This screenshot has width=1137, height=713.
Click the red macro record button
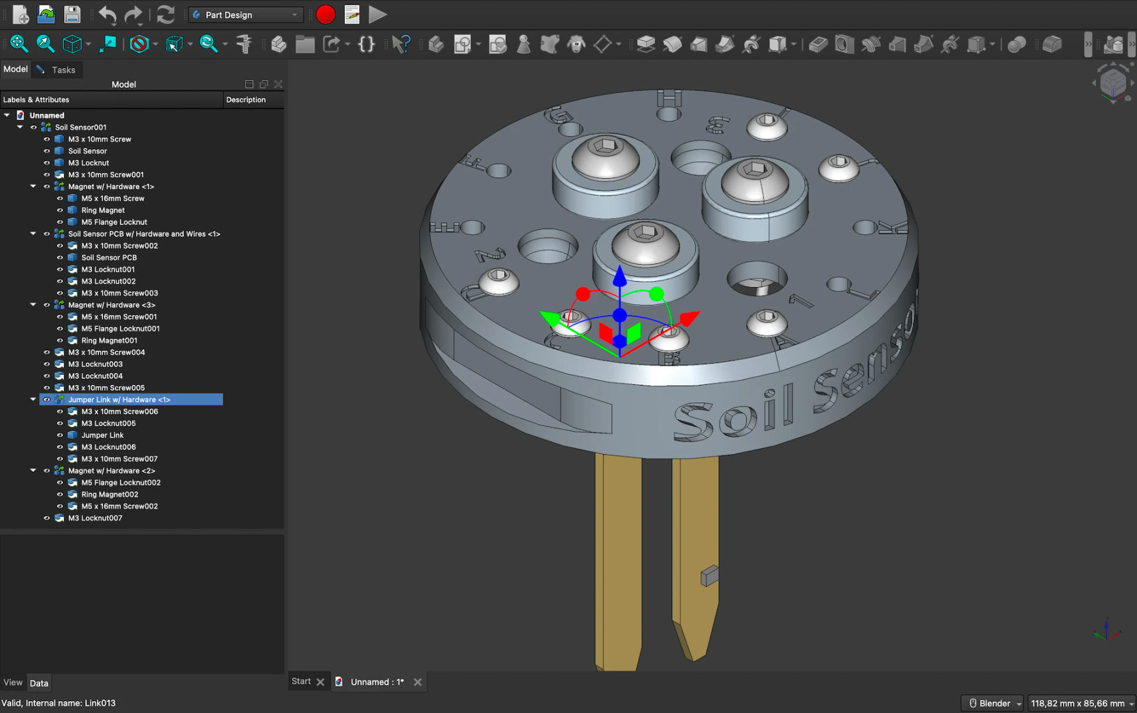coord(326,15)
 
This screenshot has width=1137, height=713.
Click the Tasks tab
coord(63,70)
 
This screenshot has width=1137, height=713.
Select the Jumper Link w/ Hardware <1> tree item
coord(119,399)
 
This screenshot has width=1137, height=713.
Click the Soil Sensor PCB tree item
coord(109,257)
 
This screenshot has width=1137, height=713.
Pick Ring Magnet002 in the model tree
coord(110,494)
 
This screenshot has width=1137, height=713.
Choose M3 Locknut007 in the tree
coord(95,518)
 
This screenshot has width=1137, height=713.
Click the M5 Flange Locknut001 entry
coord(120,329)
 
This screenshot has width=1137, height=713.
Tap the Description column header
coord(246,100)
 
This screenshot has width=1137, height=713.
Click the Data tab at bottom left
coord(39,683)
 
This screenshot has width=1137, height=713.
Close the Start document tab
coord(321,682)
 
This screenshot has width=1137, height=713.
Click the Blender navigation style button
coord(992,703)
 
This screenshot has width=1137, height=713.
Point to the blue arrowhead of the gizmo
coord(619,275)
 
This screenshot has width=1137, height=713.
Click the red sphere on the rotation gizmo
coord(582,293)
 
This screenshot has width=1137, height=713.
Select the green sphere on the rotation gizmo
coord(656,294)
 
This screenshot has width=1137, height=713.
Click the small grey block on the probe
coord(709,576)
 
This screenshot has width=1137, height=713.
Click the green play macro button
coord(378,15)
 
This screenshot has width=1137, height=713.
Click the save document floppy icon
coord(72,15)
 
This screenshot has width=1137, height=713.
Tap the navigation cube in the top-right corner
coord(1113,83)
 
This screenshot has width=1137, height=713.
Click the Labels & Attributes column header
coord(36,100)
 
